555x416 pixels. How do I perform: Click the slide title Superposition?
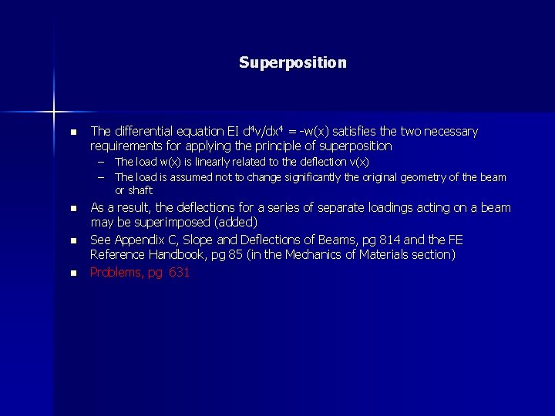[x=293, y=62]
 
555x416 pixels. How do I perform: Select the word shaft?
[x=140, y=190]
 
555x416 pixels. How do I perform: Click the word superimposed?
[x=171, y=222]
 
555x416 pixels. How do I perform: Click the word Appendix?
[x=143, y=240]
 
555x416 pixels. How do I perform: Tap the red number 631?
[x=178, y=272]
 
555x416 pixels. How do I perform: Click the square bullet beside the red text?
[x=72, y=273]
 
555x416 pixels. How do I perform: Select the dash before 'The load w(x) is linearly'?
[x=100, y=163]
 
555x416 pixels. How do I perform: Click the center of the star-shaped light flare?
[x=55, y=112]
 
